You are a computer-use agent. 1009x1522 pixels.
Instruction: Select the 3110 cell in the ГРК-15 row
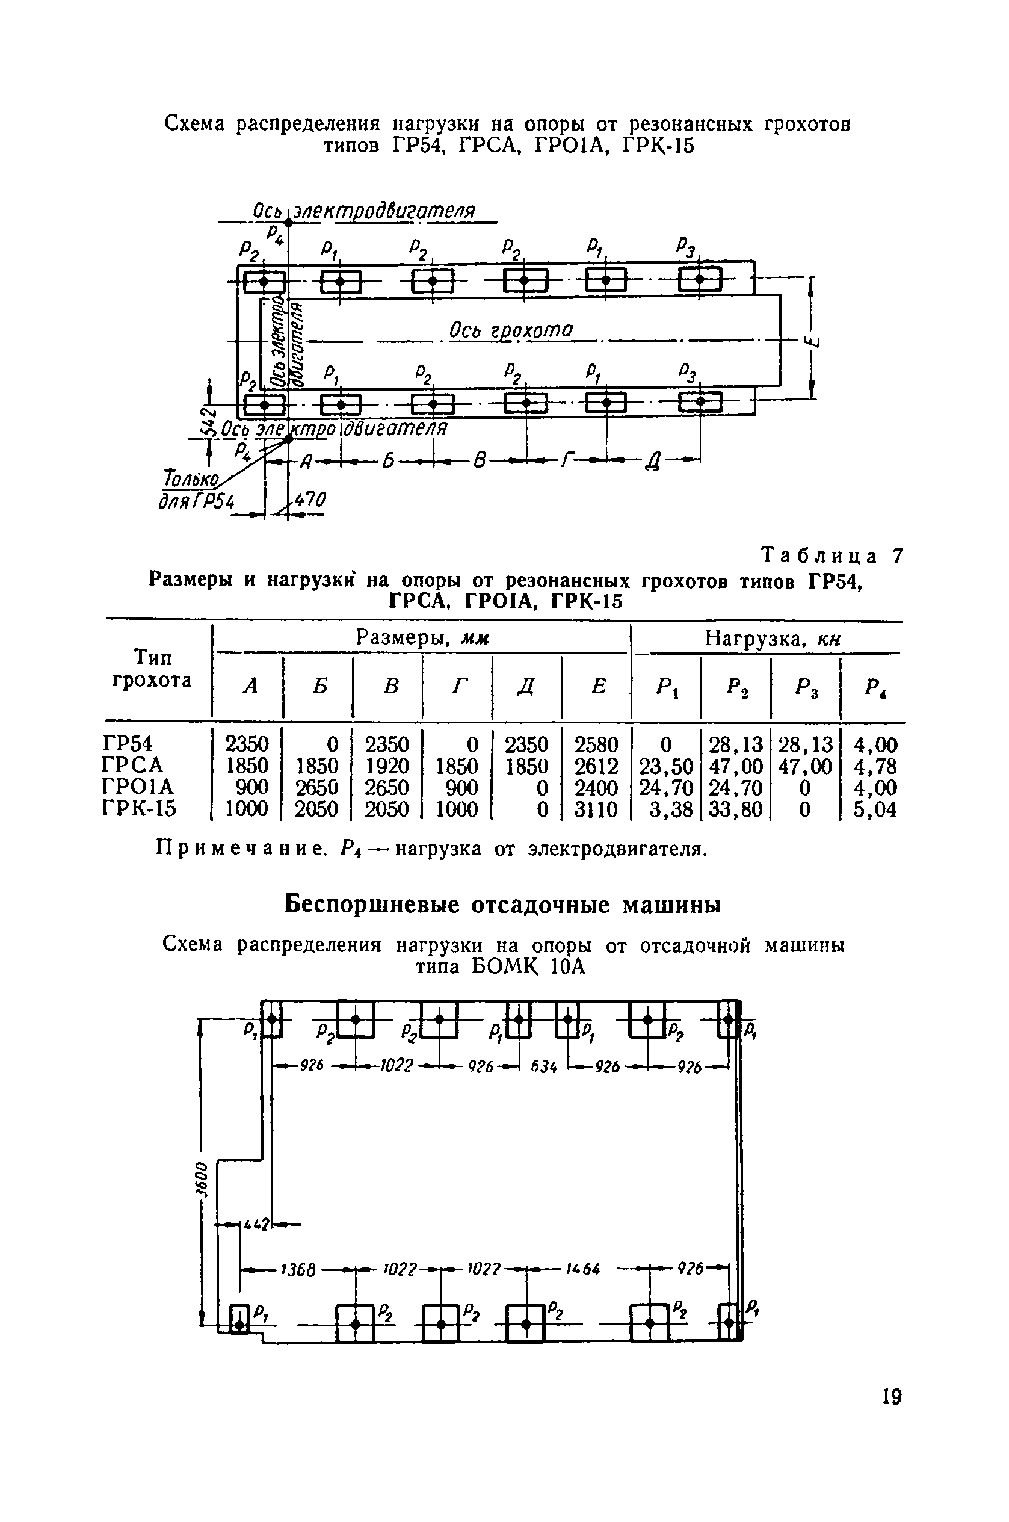596,809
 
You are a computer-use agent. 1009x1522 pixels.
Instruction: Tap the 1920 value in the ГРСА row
387,766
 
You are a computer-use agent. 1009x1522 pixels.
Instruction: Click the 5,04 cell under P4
874,809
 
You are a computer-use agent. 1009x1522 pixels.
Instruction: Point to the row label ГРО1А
138,787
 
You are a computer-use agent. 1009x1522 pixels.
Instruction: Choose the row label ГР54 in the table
128,744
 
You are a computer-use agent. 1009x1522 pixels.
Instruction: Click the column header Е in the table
599,687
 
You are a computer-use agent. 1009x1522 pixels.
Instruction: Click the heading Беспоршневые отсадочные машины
502,904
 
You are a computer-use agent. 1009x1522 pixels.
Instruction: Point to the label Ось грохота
510,330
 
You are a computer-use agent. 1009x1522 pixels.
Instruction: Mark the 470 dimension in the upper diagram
310,500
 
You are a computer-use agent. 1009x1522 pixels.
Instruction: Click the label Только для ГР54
194,490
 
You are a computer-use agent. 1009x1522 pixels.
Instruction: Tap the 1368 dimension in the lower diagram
297,1270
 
